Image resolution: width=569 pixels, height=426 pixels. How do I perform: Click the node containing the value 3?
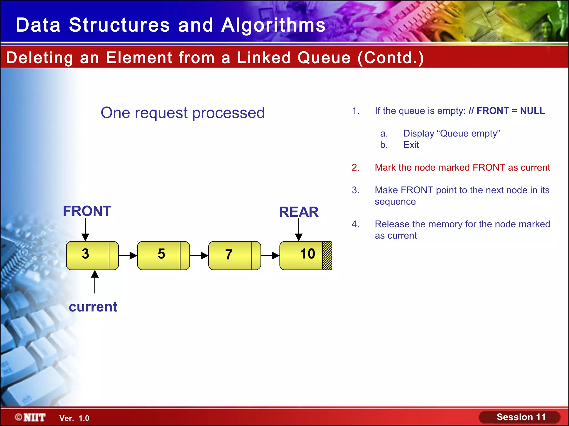[x=88, y=255]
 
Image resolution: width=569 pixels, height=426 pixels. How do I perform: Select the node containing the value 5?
[x=159, y=255]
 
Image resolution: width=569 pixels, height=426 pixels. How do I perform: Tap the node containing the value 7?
[x=231, y=255]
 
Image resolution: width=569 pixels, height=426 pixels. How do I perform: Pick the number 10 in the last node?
[x=307, y=254]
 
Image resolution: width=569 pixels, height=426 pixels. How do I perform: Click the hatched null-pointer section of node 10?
[x=327, y=255]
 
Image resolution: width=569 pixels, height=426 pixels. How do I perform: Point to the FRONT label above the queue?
[x=87, y=211]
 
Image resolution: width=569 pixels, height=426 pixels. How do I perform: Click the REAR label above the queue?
[x=299, y=212]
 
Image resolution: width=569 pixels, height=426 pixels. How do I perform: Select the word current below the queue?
[x=93, y=307]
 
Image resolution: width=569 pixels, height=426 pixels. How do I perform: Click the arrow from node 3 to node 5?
[x=128, y=255]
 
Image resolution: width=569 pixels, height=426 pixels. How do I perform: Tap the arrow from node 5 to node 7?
[x=199, y=255]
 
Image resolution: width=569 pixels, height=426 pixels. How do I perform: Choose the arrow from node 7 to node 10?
[x=270, y=255]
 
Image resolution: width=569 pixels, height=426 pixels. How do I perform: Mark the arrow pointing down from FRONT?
[x=85, y=230]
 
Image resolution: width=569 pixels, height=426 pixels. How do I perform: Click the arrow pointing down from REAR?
[x=299, y=230]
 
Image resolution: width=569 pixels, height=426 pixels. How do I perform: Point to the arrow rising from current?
[x=95, y=282]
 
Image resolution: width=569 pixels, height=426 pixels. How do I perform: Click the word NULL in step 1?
[x=532, y=111]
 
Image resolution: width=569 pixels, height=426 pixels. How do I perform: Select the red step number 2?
[x=355, y=168]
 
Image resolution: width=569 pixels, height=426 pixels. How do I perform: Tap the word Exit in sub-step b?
[x=411, y=145]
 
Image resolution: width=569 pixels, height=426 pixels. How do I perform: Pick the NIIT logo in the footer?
[x=31, y=417]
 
